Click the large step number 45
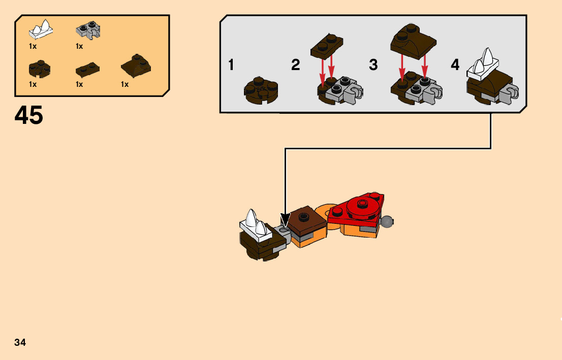29,116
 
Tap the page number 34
20,342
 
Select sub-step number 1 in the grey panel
231,65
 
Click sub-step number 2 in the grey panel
296,65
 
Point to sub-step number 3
373,65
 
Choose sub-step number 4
455,65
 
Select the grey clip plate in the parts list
88,30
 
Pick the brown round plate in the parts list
40,68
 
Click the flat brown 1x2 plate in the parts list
87,69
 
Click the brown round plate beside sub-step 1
261,90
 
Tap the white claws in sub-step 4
483,64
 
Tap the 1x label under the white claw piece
33,46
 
